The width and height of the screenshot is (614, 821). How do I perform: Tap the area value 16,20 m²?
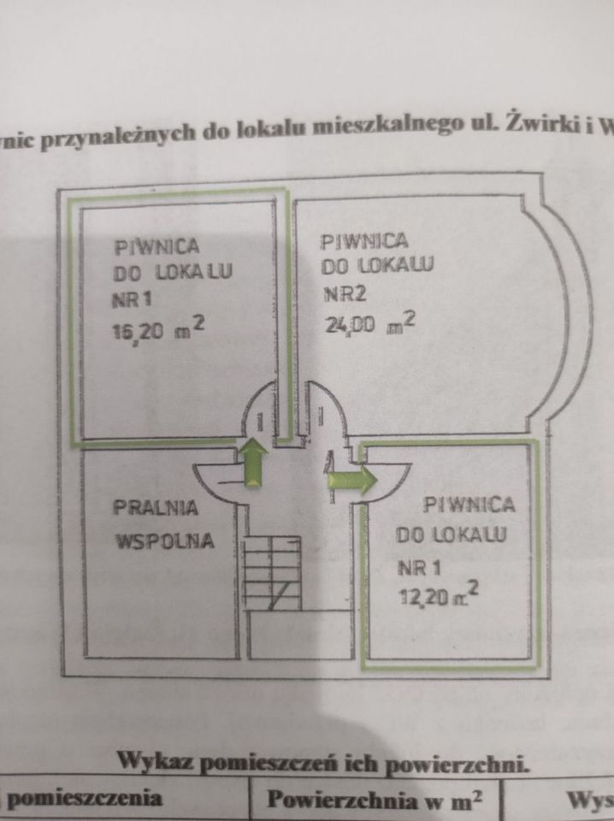[159, 329]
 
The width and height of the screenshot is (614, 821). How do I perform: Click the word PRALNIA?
[156, 507]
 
